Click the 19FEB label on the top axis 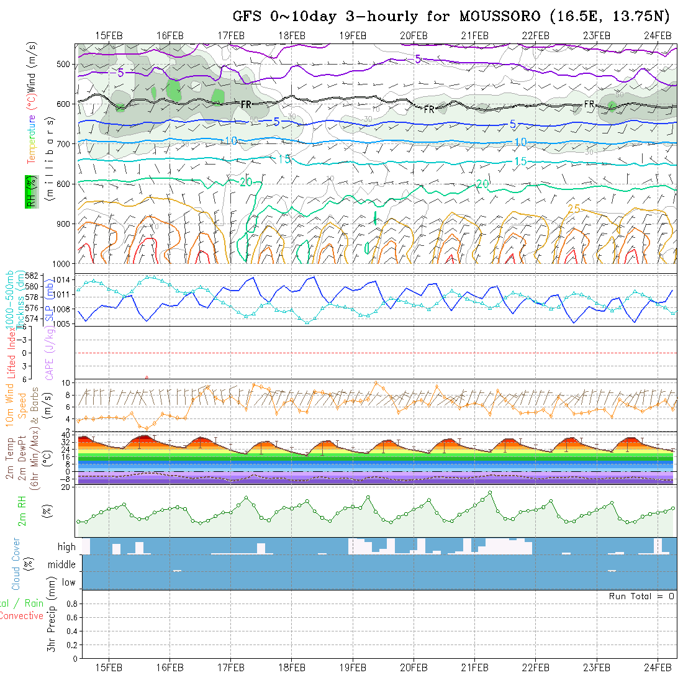pos(353,35)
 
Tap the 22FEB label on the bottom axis pos(535,667)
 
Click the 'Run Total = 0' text pos(641,596)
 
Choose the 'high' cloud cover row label pos(66,547)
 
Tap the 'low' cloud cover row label pos(68,582)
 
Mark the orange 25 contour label pos(574,209)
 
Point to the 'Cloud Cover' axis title pos(16,564)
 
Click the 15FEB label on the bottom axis pos(109,667)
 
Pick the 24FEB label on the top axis pos(657,35)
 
